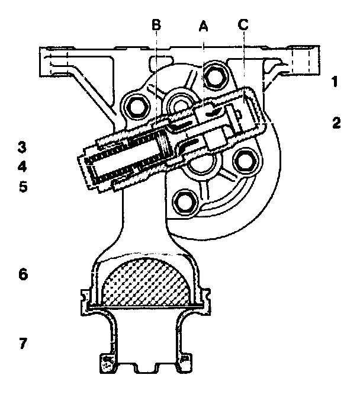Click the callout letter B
[156, 25]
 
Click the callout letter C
[243, 25]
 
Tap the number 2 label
[336, 123]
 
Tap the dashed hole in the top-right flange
[303, 59]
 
